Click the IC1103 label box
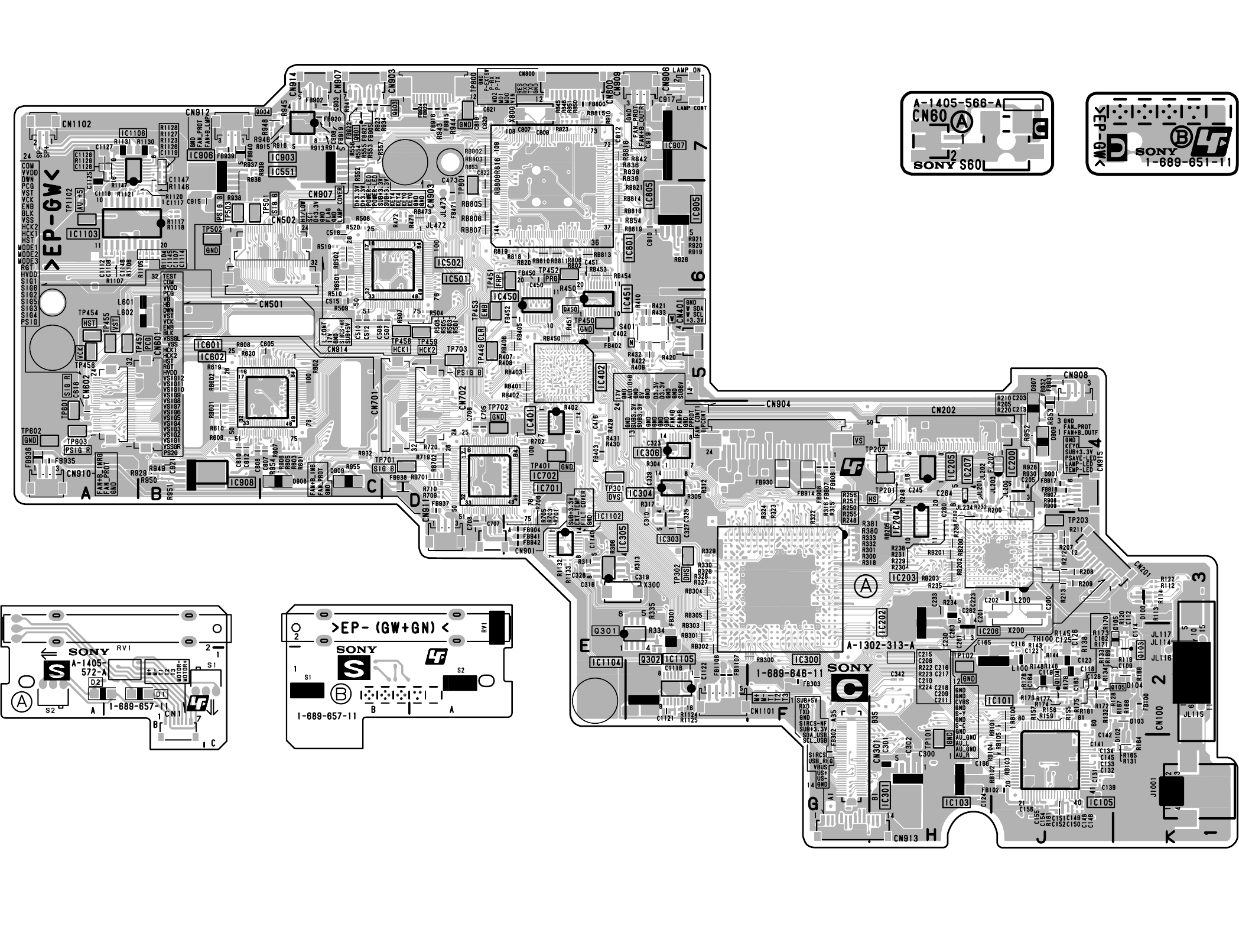click(x=83, y=234)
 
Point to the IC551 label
click(x=282, y=171)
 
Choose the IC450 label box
click(x=505, y=296)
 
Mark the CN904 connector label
click(x=778, y=404)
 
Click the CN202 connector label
click(x=943, y=410)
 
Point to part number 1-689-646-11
click(x=789, y=674)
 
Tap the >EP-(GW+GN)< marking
click(x=390, y=627)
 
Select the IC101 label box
click(x=999, y=701)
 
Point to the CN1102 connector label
click(x=76, y=124)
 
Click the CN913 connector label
click(x=906, y=837)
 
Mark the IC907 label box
click(x=675, y=145)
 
